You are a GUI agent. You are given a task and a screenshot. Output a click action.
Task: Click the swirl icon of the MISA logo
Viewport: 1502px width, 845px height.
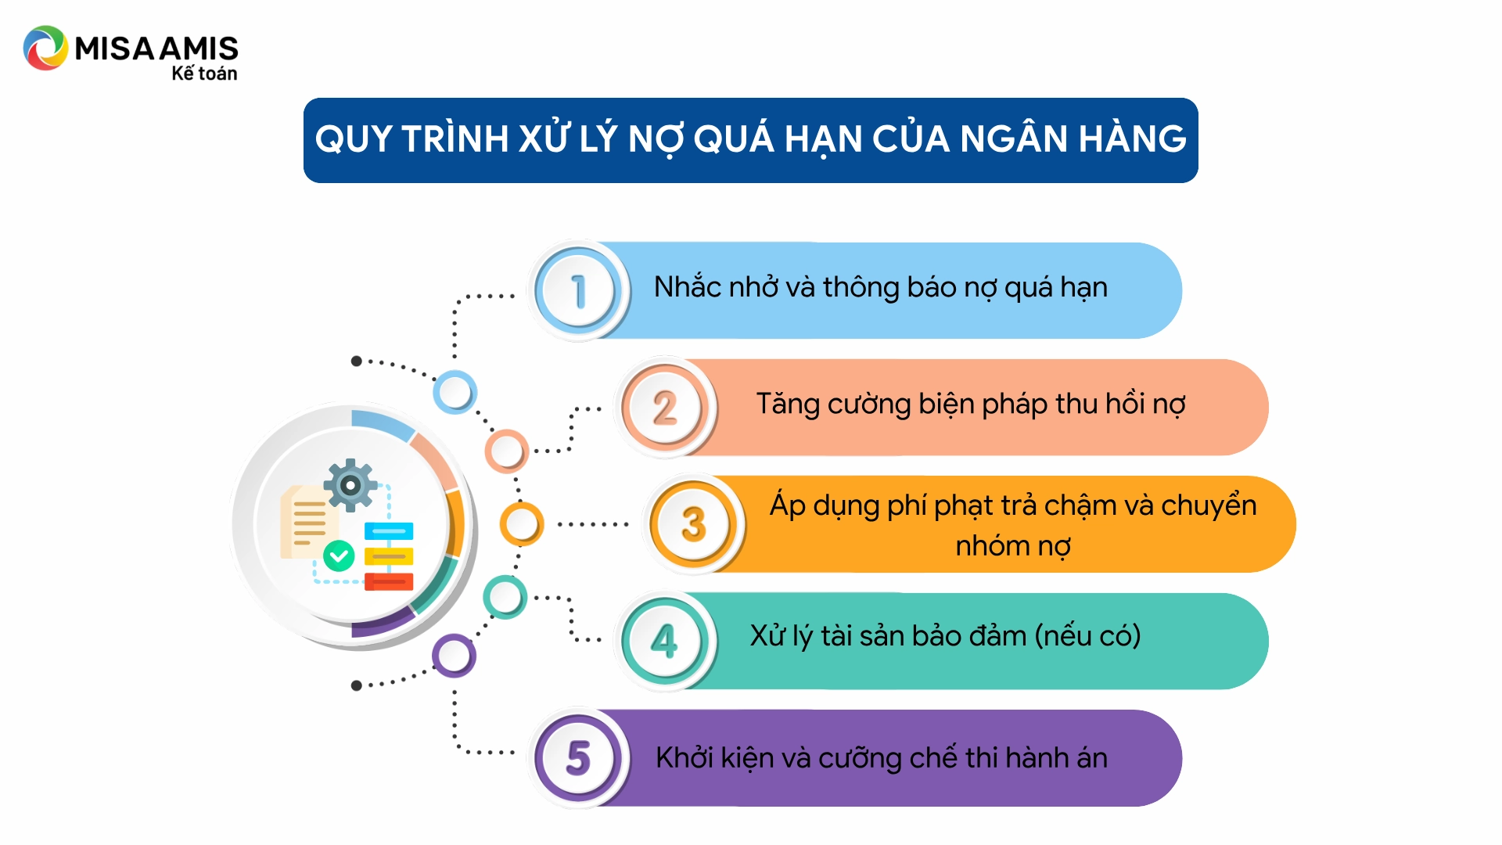45,49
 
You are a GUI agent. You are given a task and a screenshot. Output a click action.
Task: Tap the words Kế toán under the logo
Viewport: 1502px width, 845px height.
204,74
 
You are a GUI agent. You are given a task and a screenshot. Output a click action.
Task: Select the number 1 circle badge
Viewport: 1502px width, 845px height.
579,291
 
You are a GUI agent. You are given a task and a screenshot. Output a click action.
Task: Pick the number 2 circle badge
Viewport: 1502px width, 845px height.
665,408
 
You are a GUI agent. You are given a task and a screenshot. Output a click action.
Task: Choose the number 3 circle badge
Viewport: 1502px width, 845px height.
693,524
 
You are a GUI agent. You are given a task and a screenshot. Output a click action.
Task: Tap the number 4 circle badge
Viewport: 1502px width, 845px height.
665,641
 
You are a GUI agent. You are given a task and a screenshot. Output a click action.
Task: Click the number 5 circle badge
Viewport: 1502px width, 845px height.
579,757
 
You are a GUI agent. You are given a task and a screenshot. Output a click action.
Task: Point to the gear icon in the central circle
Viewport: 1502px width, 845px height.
350,485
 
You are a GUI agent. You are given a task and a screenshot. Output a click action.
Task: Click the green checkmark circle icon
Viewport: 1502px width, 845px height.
339,556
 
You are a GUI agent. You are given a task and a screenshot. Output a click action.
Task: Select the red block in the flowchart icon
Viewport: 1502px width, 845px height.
389,581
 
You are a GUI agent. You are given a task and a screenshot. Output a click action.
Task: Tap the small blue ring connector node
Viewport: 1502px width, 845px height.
455,392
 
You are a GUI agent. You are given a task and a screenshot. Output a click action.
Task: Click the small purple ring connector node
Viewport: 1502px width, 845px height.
454,656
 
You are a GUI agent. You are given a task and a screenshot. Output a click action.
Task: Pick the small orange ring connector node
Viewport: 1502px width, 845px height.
521,523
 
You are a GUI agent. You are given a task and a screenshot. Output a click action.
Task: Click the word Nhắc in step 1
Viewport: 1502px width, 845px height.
688,287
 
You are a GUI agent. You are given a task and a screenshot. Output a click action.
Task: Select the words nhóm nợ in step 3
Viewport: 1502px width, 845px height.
1013,545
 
